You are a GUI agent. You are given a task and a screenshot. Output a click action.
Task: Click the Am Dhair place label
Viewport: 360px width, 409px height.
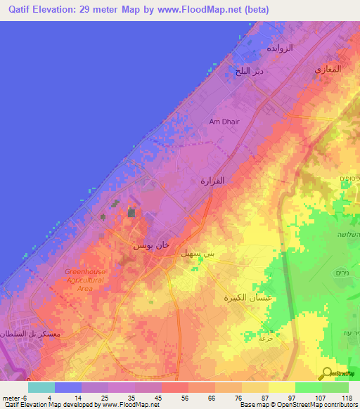click(224, 122)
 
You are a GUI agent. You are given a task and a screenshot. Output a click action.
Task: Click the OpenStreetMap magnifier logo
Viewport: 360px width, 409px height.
click(328, 373)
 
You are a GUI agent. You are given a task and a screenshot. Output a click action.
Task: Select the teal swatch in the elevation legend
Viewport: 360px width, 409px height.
click(41, 387)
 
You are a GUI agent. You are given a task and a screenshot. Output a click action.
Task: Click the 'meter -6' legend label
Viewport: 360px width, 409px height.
click(14, 398)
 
